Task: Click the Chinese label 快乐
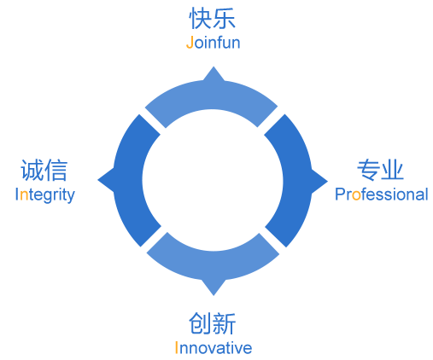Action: point(213,18)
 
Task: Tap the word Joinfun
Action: point(213,43)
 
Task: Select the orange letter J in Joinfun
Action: point(190,43)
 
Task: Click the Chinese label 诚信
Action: point(44,170)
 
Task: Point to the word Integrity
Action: point(45,195)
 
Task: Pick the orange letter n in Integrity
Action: point(24,195)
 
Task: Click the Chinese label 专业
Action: point(381,170)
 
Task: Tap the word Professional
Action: point(382,195)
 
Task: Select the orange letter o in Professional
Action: point(356,195)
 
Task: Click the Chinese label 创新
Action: point(213,323)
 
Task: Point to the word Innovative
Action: point(214,347)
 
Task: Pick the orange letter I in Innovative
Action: point(177,347)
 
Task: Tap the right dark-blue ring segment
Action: point(297,181)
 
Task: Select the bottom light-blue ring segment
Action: point(213,266)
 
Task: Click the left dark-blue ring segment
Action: point(128,181)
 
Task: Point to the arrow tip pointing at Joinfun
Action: point(214,67)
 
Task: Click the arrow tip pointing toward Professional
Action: point(328,181)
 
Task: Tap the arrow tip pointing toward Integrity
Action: point(97,180)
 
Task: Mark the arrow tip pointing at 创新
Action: point(214,296)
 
